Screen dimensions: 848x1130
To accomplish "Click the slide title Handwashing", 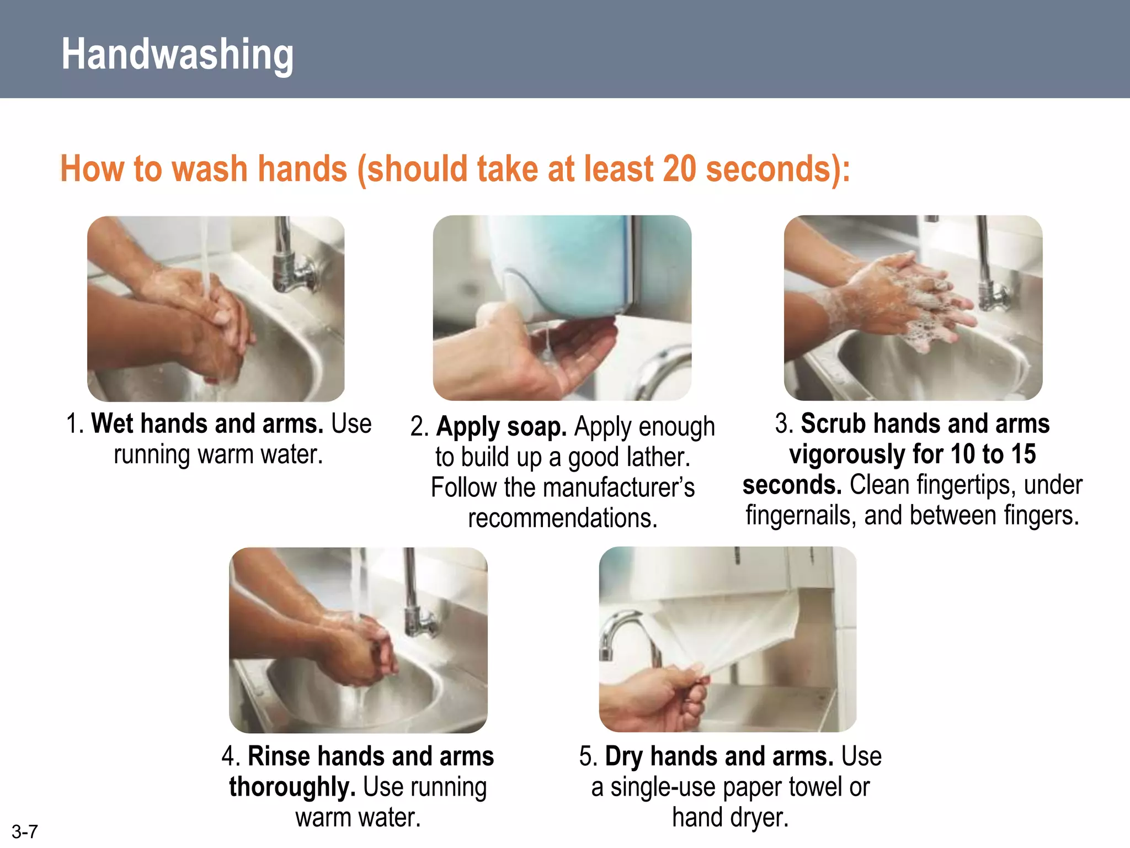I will [177, 54].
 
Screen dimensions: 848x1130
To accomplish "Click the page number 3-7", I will [24, 831].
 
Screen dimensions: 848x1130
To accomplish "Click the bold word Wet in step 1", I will [112, 424].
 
